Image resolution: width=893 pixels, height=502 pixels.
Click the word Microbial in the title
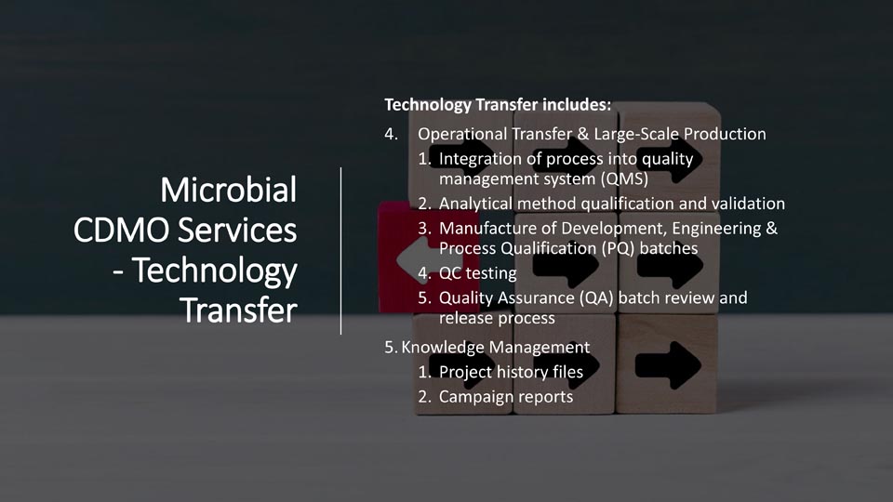point(229,190)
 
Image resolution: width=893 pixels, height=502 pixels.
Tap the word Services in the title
point(237,230)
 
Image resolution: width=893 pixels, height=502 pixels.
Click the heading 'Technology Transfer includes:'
point(498,105)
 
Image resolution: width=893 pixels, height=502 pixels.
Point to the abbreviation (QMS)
point(624,178)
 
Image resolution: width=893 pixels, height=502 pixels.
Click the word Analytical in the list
point(475,204)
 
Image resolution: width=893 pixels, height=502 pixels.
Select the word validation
point(748,204)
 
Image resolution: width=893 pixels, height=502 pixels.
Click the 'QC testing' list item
point(478,273)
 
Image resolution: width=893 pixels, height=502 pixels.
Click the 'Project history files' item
point(511,372)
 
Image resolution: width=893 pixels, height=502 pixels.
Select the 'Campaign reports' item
point(506,397)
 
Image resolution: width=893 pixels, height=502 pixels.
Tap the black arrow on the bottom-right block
point(668,365)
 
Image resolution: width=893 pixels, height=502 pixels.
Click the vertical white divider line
point(340,251)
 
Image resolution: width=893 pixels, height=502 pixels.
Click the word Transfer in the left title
point(239,310)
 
